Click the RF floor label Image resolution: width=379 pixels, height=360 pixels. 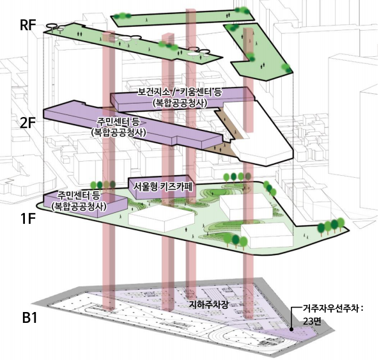click(x=27, y=25)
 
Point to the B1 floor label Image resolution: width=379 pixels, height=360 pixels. click(x=30, y=317)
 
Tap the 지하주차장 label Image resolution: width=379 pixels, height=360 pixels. click(x=208, y=304)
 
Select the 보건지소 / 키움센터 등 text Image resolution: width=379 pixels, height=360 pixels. click(x=180, y=92)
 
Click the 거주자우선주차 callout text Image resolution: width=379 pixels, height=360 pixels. click(x=333, y=309)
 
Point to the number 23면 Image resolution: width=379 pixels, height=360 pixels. click(x=312, y=322)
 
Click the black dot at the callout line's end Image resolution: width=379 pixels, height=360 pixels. click(x=291, y=329)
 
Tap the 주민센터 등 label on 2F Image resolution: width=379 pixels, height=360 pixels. click(x=118, y=121)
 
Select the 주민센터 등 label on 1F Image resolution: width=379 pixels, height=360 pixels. click(x=79, y=195)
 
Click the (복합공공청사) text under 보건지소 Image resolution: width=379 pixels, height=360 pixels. click(x=180, y=103)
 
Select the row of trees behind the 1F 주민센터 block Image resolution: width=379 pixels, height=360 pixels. click(x=103, y=185)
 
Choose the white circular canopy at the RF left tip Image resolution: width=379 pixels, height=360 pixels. click(x=52, y=26)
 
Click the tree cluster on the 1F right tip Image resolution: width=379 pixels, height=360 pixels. click(x=330, y=227)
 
